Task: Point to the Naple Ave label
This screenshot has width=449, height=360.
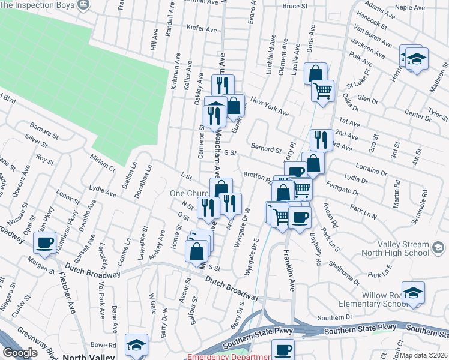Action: [x=411, y=7]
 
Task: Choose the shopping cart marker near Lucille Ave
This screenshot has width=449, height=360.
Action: [x=323, y=90]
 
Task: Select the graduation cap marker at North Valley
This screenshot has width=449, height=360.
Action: [x=137, y=344]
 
